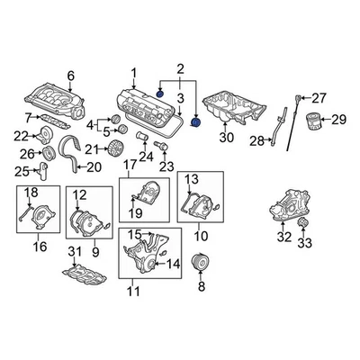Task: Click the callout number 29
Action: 338,119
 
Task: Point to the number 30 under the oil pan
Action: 226,137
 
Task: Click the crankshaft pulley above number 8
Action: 202,266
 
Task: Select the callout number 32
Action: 283,238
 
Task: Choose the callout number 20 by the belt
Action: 94,166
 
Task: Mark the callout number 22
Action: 22,136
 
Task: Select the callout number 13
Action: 191,180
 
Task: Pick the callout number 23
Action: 165,166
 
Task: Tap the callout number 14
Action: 175,263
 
